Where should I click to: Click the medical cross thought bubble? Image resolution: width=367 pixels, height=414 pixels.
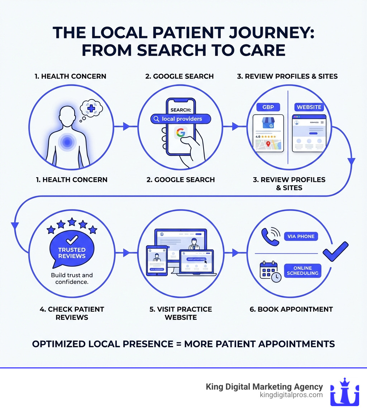tap(91, 108)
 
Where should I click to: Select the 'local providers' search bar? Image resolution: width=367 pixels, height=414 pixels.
tap(181, 119)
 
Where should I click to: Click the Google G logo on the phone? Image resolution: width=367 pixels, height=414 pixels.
tap(181, 133)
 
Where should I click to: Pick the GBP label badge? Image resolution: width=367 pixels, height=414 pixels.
tap(268, 107)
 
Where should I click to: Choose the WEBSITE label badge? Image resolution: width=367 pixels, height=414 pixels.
tap(309, 107)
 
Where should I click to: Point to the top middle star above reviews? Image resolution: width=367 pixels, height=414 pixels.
tap(72, 221)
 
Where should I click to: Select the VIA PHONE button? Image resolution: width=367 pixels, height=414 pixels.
tap(301, 236)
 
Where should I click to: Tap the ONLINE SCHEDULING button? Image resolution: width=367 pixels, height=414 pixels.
tap(302, 270)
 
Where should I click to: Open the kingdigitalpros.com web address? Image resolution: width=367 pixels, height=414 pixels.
tap(291, 395)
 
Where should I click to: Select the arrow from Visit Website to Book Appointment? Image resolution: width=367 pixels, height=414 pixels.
tap(236, 253)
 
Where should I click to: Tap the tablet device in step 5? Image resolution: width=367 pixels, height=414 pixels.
tap(157, 260)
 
